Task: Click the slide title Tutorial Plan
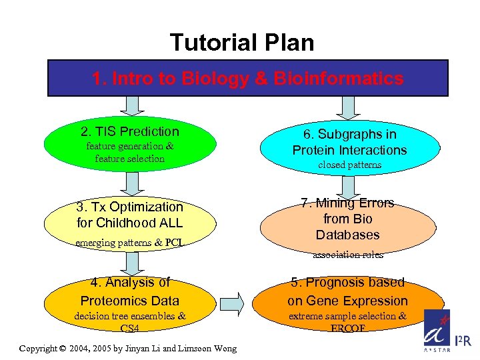(x=241, y=43)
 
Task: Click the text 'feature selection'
(x=129, y=159)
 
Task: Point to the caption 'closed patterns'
(x=349, y=165)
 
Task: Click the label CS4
(x=130, y=328)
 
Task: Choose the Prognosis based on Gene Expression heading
(x=347, y=291)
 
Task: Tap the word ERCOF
(x=347, y=328)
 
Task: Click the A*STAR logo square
(x=437, y=330)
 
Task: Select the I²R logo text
(x=464, y=341)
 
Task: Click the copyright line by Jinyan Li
(x=128, y=349)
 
